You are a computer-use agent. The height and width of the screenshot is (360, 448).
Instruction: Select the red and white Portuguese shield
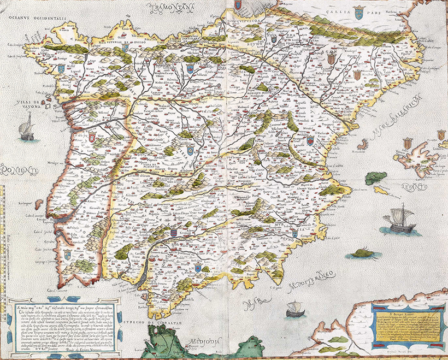92,135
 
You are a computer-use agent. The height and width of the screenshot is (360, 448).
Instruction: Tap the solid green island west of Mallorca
375,178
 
